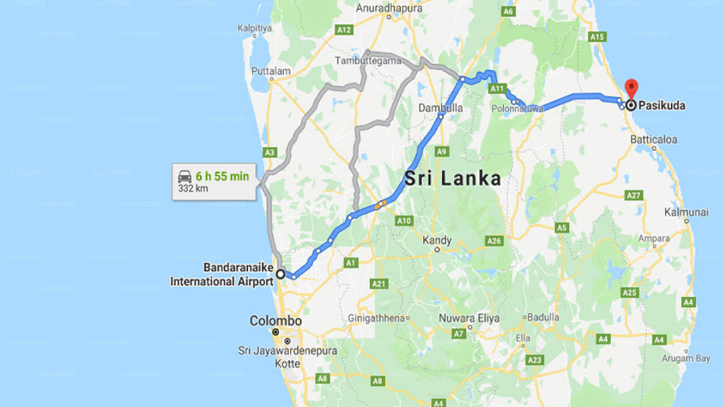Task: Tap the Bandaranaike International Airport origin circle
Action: (x=280, y=274)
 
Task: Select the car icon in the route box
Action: (x=184, y=176)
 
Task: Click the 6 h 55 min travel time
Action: (x=222, y=176)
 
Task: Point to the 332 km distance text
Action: (x=193, y=188)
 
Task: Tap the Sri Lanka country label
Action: (x=453, y=179)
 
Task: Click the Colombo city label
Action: (x=275, y=321)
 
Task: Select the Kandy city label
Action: (x=437, y=240)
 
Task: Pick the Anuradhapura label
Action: (x=389, y=8)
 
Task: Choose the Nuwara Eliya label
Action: (x=469, y=318)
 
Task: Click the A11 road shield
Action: (x=497, y=89)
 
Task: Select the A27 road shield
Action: (x=634, y=195)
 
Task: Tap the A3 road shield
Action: (x=270, y=152)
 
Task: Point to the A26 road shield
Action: (x=494, y=241)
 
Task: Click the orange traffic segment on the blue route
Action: (x=380, y=204)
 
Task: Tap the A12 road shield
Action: (x=344, y=29)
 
